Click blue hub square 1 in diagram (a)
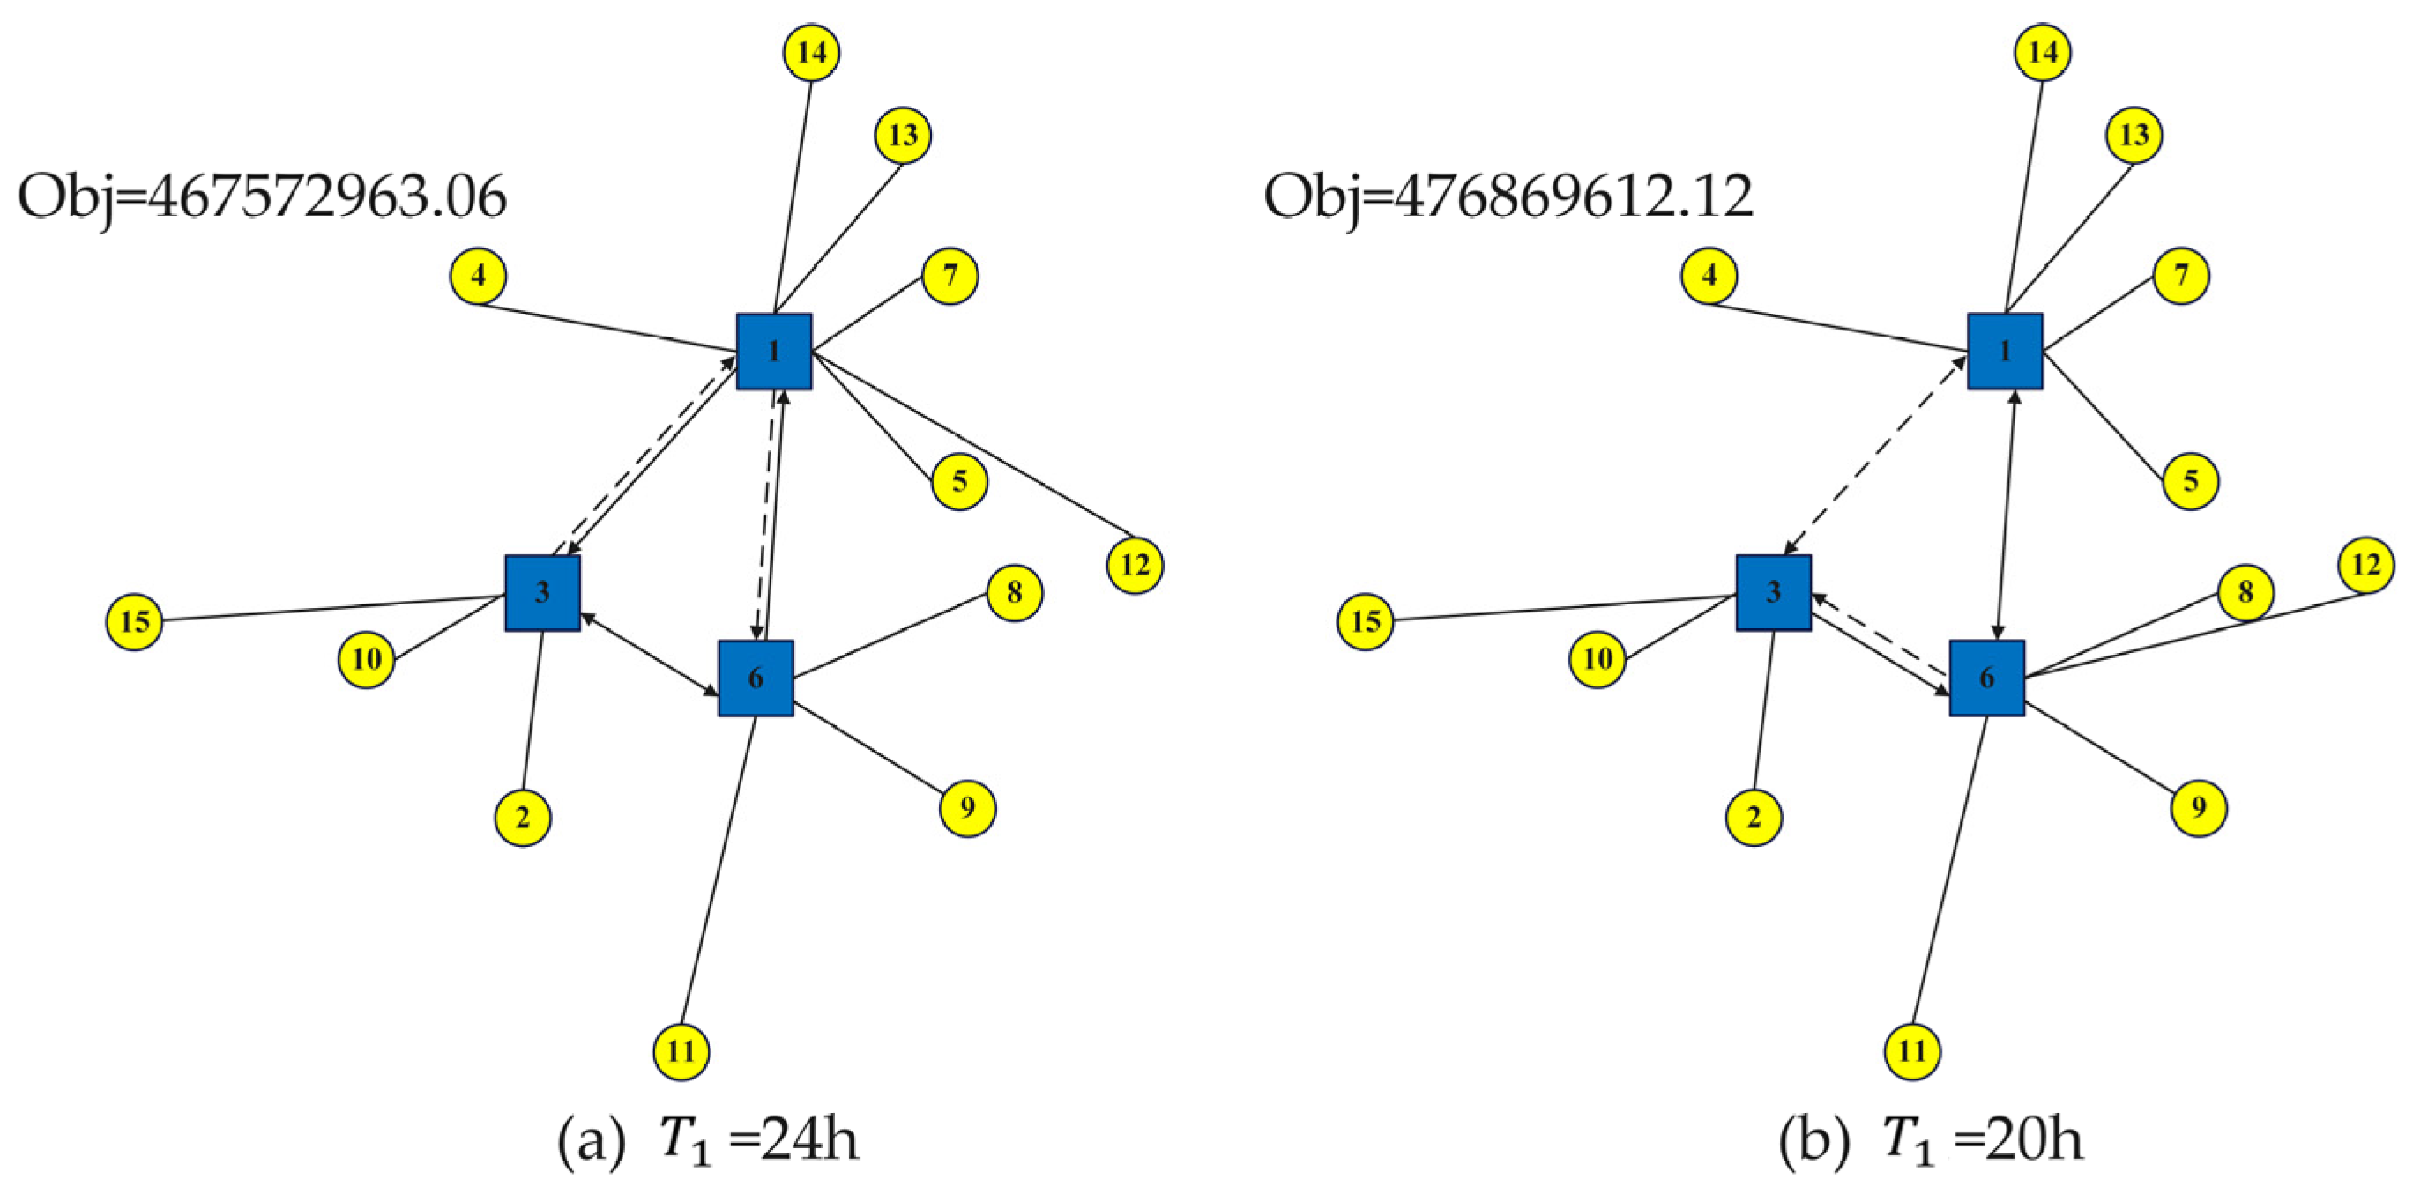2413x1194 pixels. (774, 352)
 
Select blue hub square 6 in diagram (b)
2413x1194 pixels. (1987, 678)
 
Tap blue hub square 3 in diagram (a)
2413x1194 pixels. (542, 592)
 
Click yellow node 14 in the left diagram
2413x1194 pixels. (811, 53)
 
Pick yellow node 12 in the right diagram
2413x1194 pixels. (2366, 565)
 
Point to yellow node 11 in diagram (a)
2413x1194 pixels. (681, 1051)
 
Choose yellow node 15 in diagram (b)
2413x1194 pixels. (1366, 622)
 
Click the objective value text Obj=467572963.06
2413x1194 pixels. (263, 197)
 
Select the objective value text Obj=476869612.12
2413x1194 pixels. (1508, 197)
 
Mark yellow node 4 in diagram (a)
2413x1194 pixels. (479, 277)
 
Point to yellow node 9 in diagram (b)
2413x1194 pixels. (2199, 807)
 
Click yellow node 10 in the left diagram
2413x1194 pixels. (366, 659)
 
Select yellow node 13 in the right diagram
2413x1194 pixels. (2134, 135)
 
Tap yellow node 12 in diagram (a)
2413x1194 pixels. (1136, 565)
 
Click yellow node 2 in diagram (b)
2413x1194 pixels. (1754, 818)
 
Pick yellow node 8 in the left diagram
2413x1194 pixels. (1015, 592)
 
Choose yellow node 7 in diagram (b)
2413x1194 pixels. (2182, 277)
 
